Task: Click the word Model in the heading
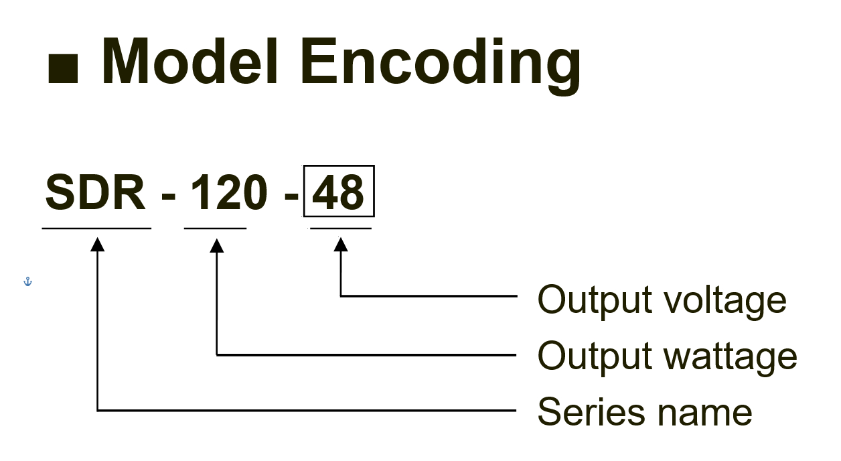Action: coord(189,61)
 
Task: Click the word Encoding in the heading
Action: coord(441,66)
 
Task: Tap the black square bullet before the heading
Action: coord(63,68)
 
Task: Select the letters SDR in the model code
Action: coord(95,192)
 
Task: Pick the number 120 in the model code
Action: coord(229,192)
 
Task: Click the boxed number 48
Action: coord(339,191)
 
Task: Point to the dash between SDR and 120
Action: coord(168,196)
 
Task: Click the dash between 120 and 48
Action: coord(291,196)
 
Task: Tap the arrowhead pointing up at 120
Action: coord(217,246)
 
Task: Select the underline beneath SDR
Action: coord(96,228)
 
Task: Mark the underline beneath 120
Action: coord(215,228)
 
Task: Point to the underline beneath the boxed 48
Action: coord(341,228)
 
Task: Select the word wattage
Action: coord(731,358)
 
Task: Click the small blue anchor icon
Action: coord(27,281)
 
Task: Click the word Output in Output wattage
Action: coord(595,357)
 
